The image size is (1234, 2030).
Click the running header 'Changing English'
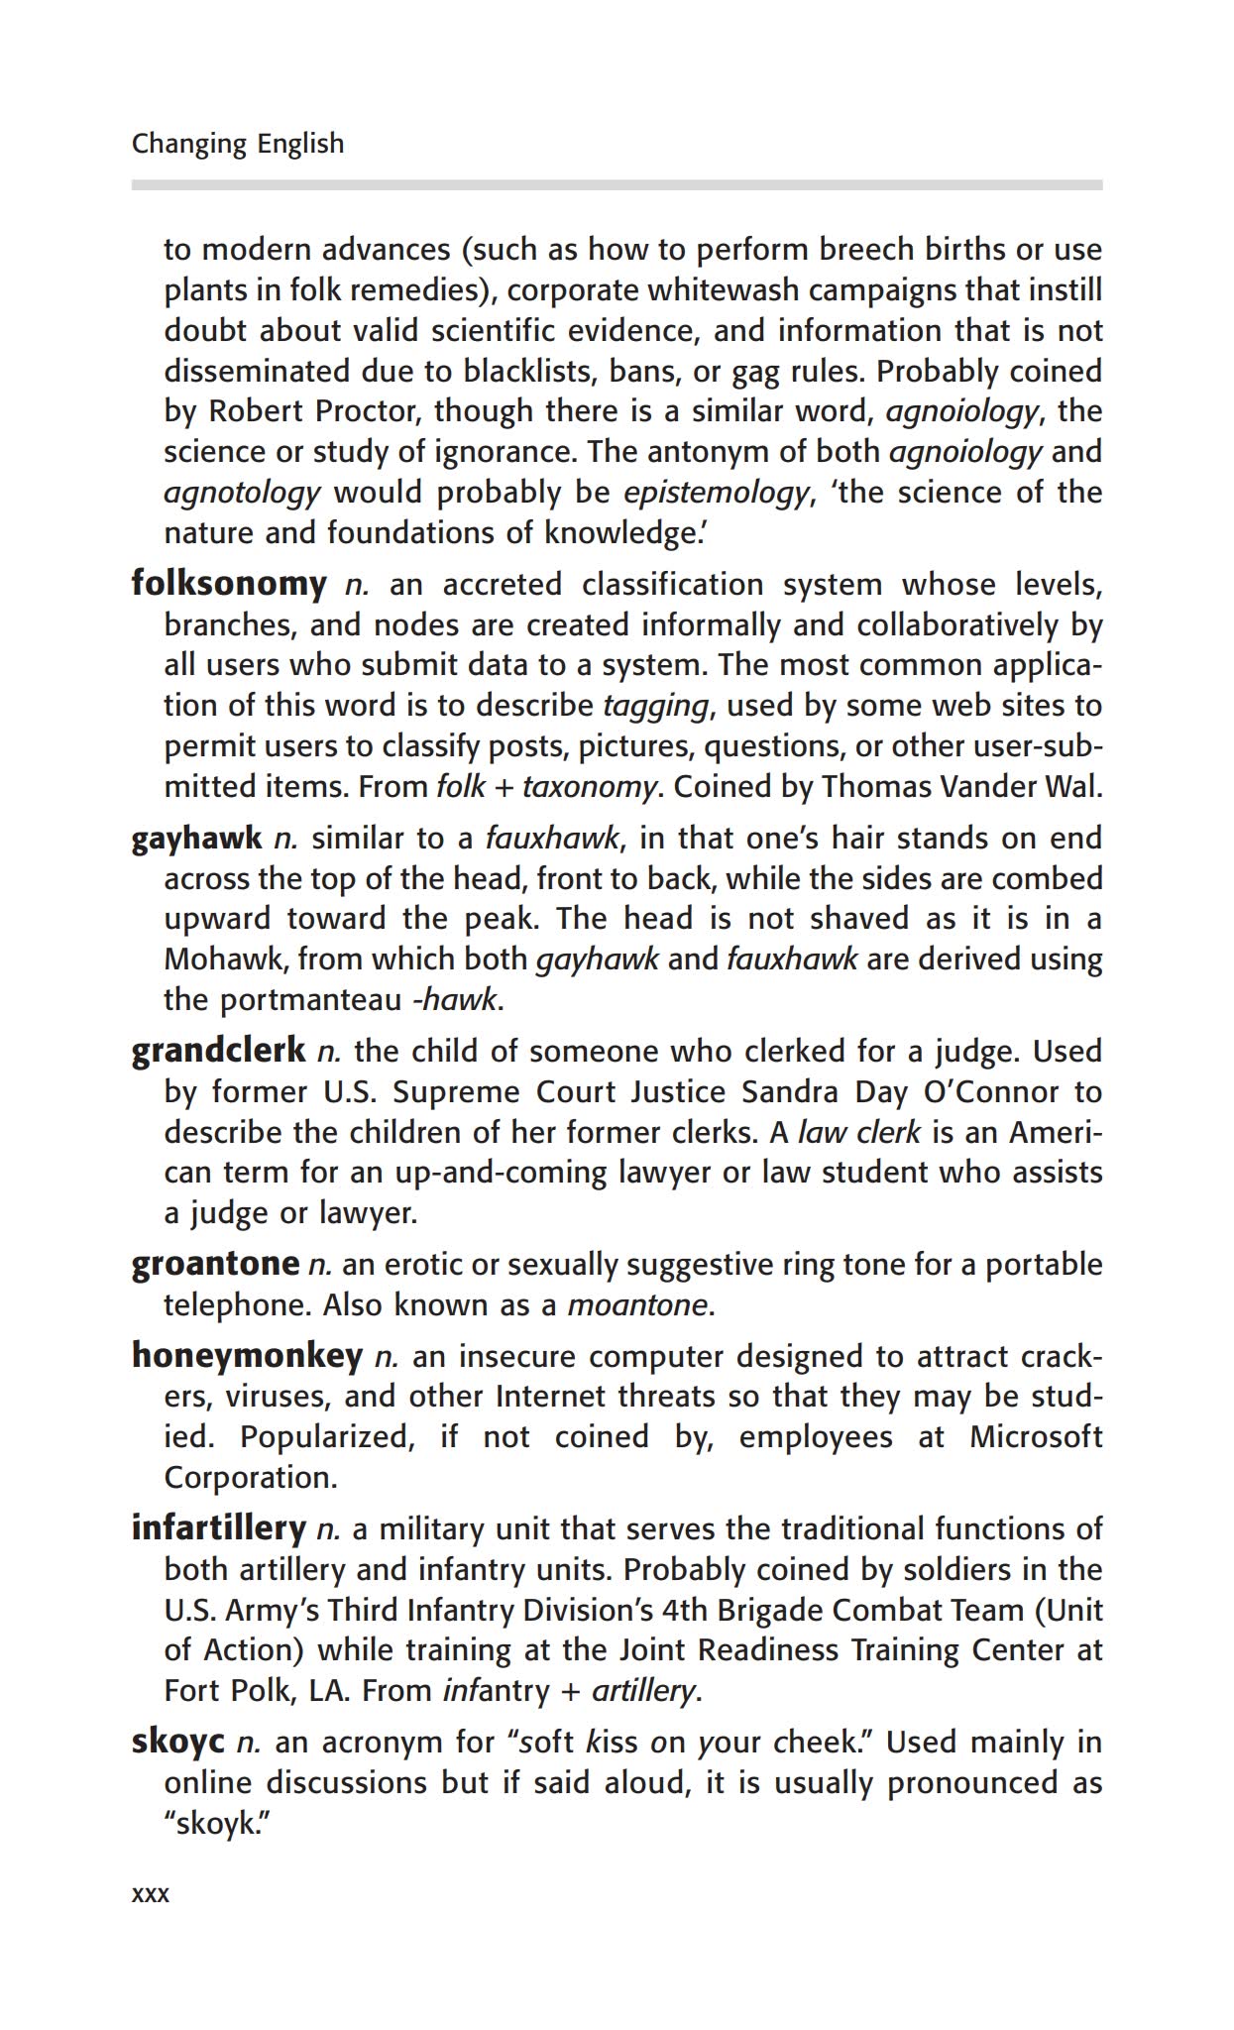(x=238, y=144)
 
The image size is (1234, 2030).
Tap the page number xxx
(x=151, y=1894)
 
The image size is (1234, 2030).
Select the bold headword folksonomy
(x=229, y=584)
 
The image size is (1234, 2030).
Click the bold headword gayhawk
(x=196, y=839)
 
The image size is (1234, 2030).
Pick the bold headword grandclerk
(x=218, y=1051)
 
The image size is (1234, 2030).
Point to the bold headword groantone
(x=215, y=1264)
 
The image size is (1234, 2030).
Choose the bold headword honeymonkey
(x=247, y=1355)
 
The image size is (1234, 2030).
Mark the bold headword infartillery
(x=218, y=1528)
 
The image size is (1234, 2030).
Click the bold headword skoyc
(x=178, y=1742)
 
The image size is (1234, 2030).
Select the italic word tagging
(x=655, y=706)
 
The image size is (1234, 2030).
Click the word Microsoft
(x=1035, y=1437)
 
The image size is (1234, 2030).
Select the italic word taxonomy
(x=589, y=787)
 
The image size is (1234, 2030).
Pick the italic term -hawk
(x=454, y=999)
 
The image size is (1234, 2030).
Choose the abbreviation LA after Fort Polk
(x=328, y=1690)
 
